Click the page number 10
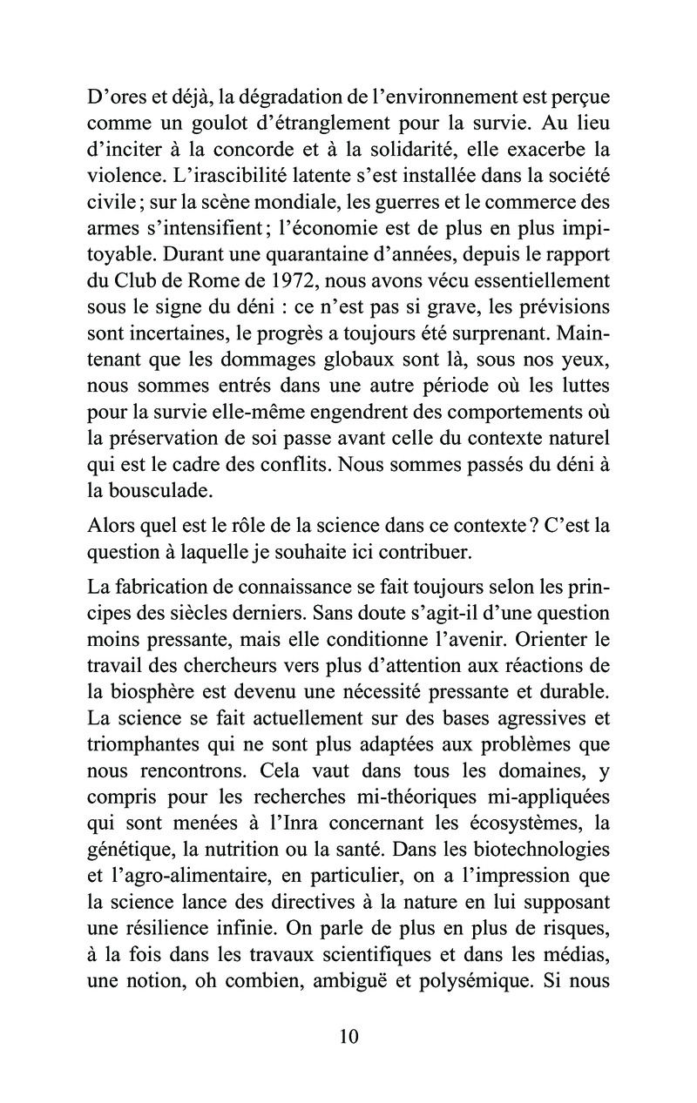[x=348, y=1037]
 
